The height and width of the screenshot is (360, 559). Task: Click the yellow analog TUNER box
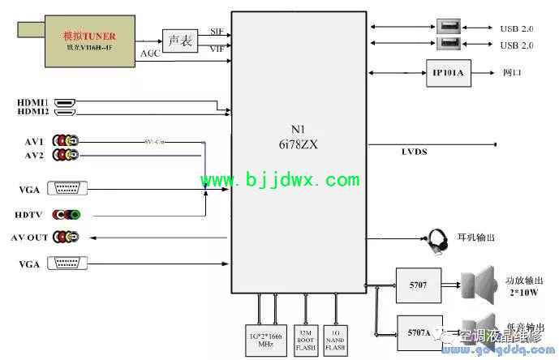pyautogui.click(x=90, y=41)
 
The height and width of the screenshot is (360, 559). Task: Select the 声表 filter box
pyautogui.click(x=179, y=41)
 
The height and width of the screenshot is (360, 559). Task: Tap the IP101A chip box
pyautogui.click(x=448, y=74)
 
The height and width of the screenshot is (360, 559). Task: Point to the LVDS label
pyautogui.click(x=414, y=152)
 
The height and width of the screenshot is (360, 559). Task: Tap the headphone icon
pyautogui.click(x=439, y=241)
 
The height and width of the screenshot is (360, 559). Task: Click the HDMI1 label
pyautogui.click(x=33, y=101)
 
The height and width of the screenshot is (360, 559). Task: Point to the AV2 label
pyautogui.click(x=34, y=155)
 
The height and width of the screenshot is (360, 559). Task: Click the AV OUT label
pyautogui.click(x=29, y=238)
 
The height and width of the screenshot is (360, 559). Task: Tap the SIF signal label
pyautogui.click(x=217, y=31)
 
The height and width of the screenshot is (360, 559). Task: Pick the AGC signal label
pyautogui.click(x=150, y=54)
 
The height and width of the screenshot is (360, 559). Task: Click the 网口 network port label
pyautogui.click(x=512, y=73)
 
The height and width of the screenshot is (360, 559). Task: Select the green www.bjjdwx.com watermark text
pyautogui.click(x=280, y=179)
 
